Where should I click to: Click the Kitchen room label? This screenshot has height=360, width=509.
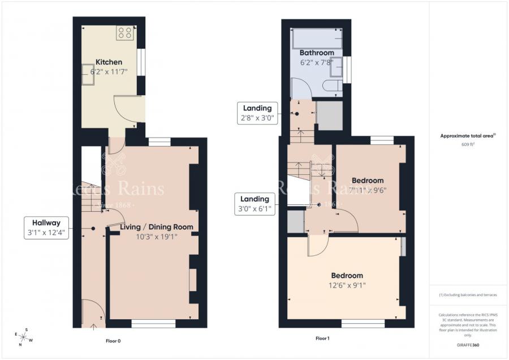[109, 62]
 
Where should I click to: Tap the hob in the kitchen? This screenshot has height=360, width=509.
[125, 33]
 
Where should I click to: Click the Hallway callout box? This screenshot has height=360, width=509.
[46, 227]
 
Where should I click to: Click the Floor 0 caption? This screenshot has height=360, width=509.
[113, 341]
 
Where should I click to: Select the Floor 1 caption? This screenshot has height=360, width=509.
[322, 338]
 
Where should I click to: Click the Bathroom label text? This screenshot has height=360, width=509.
[317, 53]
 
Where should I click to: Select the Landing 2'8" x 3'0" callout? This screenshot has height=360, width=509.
[257, 113]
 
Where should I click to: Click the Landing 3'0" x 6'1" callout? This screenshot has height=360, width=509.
[256, 204]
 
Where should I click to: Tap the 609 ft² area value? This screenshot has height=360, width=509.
[468, 144]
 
